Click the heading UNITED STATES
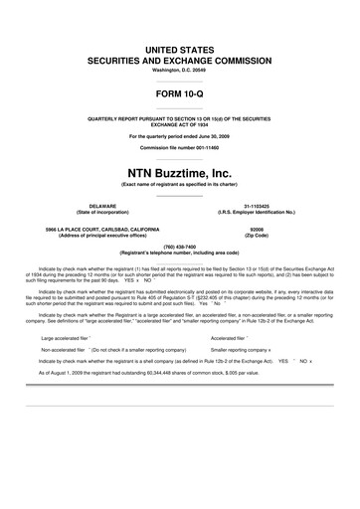(179, 48)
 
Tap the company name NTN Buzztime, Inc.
(179, 173)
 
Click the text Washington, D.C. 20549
(179, 71)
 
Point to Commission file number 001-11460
(179, 147)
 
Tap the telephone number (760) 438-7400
(179, 245)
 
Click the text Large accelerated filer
(66, 337)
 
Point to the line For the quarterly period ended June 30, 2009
(179, 134)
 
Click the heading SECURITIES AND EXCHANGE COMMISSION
(179, 60)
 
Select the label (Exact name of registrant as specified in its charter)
(179, 185)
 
